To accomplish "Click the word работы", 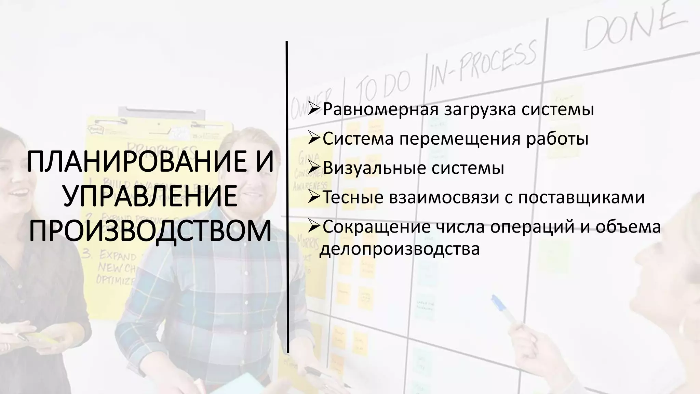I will (x=557, y=139).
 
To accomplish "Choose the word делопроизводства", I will (x=400, y=249).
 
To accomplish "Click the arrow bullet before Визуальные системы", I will (x=313, y=168).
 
